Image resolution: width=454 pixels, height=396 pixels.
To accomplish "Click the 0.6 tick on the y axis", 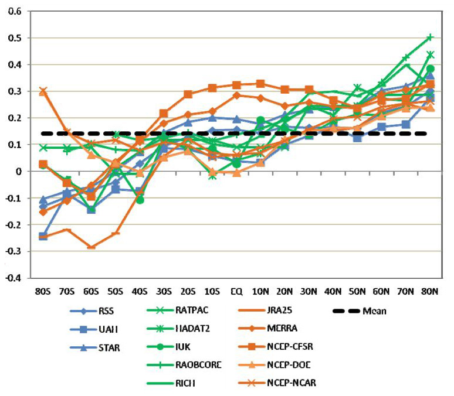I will [x=12, y=12].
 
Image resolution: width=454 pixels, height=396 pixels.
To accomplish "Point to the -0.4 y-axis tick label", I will [x=11, y=278].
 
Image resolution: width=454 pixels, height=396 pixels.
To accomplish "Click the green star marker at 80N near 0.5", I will [x=429, y=37].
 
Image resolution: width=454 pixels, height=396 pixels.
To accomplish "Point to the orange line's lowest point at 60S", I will [x=92, y=247].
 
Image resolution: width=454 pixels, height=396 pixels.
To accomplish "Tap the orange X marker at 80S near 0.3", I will [x=43, y=91].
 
